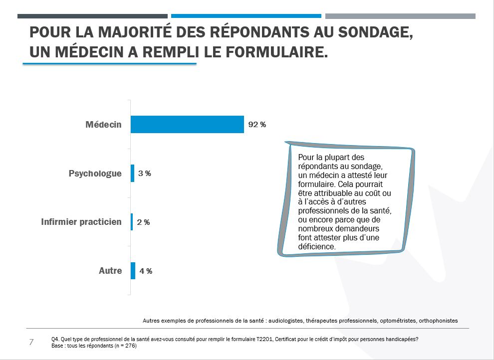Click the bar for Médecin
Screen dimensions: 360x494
pyautogui.click(x=187, y=124)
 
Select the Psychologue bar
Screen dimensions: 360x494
pyautogui.click(x=132, y=174)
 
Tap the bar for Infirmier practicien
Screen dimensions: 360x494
pyautogui.click(x=132, y=222)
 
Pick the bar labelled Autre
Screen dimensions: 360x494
pyautogui.click(x=133, y=271)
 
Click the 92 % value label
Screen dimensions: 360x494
pyautogui.click(x=257, y=125)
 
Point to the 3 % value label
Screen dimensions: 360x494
pyautogui.click(x=144, y=174)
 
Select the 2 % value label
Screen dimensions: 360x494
pyautogui.click(x=143, y=222)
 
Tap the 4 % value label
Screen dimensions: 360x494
pyautogui.click(x=146, y=271)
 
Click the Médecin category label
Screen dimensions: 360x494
pyautogui.click(x=103, y=125)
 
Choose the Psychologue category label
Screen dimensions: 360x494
pyautogui.click(x=95, y=174)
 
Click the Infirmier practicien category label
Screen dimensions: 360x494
pyautogui.click(x=81, y=222)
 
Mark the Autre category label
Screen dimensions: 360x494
pyautogui.click(x=110, y=271)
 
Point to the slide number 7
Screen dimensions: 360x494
pyautogui.click(x=31, y=342)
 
